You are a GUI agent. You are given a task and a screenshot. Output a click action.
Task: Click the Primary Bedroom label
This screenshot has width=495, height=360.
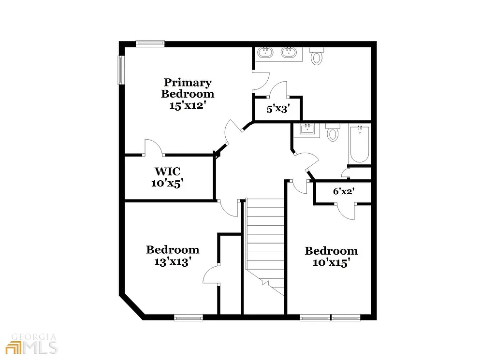188,88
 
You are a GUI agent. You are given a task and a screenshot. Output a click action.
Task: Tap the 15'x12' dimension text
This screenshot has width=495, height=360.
188,105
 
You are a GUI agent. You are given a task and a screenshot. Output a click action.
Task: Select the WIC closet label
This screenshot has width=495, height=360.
167,171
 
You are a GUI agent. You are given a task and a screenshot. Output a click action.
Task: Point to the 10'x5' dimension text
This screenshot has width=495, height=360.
167,183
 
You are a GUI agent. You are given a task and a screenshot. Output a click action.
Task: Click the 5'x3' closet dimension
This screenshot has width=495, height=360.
277,109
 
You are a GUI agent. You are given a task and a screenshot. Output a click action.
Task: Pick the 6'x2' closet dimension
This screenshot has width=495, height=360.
344,191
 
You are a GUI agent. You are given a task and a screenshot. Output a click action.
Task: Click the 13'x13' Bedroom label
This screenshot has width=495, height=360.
173,250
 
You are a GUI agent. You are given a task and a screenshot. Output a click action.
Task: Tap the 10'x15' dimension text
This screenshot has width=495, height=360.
331,263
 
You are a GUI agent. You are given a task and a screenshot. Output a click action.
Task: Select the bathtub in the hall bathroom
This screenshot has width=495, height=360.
359,144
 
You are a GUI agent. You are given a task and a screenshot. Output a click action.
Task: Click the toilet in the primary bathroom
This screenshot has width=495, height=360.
317,57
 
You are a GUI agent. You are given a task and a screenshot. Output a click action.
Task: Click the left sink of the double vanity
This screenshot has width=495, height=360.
265,52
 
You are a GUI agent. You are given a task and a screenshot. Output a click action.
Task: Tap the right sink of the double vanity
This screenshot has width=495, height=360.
289,52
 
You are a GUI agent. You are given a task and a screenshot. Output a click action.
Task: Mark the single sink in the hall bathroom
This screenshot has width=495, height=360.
307,130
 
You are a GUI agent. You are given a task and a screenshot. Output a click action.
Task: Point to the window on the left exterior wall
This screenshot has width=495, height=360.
121,70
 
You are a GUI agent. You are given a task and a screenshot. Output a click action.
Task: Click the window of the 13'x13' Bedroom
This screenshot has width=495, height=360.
189,317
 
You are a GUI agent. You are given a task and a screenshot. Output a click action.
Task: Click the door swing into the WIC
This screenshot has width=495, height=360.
155,147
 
